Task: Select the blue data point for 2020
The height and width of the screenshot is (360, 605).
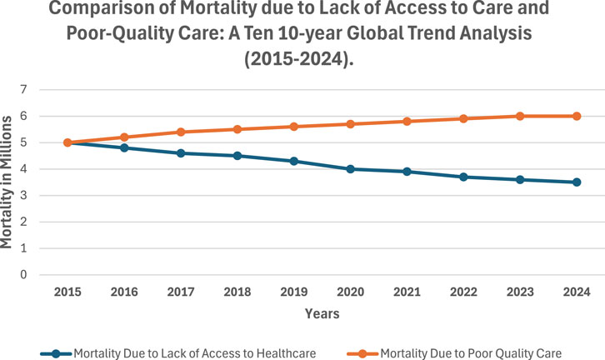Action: tap(351, 169)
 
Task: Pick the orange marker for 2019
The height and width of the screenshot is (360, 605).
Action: tap(294, 127)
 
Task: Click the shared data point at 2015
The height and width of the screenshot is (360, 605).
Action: tap(67, 142)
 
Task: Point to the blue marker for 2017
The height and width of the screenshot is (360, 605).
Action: tap(181, 153)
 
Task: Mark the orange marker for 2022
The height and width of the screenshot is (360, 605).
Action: tap(463, 118)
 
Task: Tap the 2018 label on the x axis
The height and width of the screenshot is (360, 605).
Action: tap(237, 292)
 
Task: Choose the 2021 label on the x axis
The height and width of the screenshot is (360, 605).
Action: tap(407, 292)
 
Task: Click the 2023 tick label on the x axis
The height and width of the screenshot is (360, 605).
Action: tap(520, 292)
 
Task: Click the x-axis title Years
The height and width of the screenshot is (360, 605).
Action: tap(322, 314)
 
